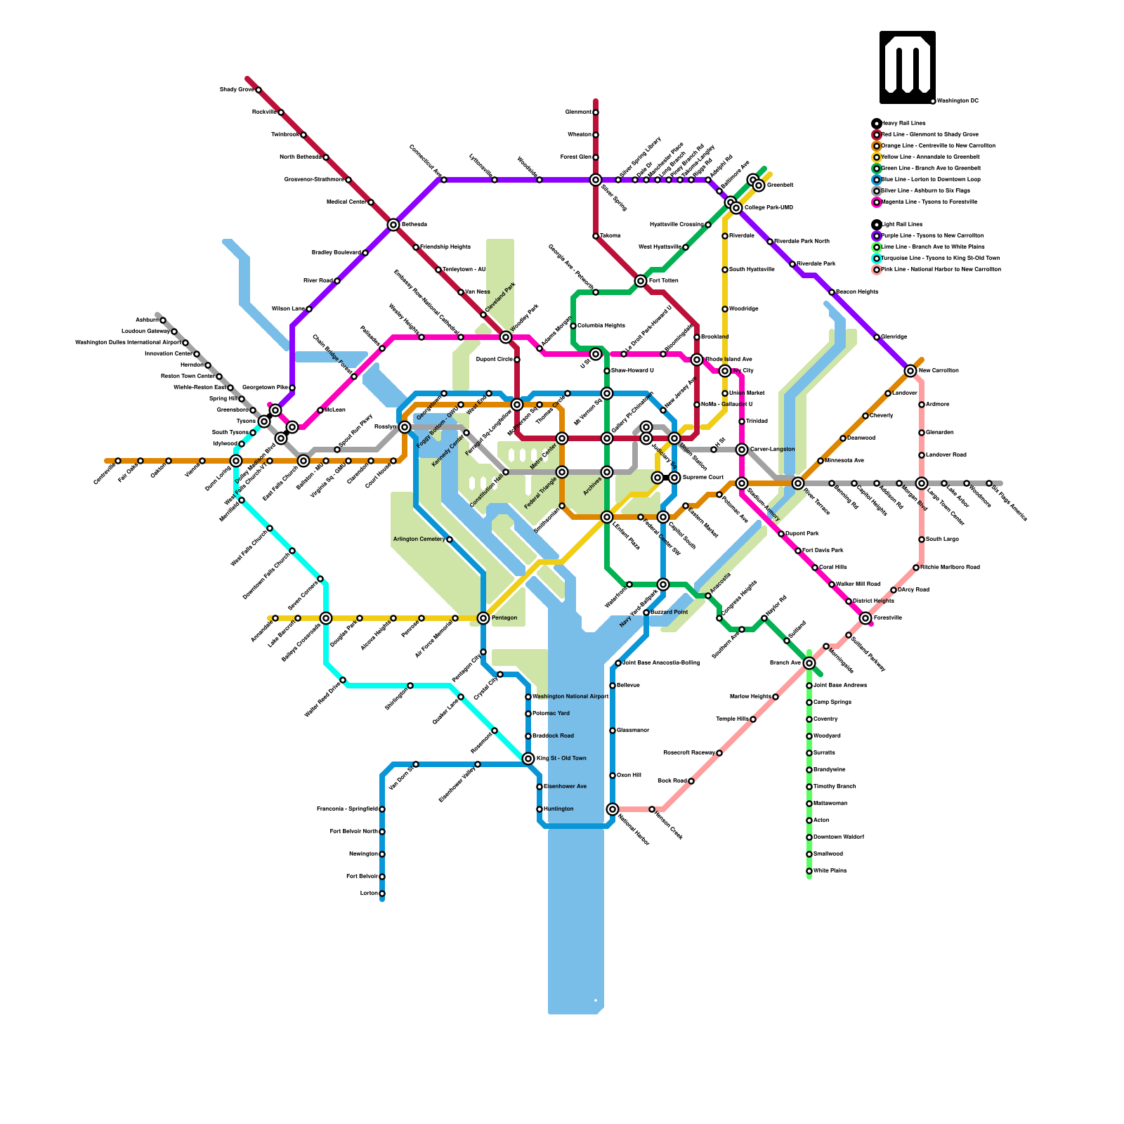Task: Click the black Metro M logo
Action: pos(907,67)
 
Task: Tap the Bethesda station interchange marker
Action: pos(393,225)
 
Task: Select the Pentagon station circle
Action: pos(483,618)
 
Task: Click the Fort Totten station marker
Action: pos(641,281)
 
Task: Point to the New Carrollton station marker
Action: pos(910,371)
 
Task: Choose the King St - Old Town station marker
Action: pos(528,759)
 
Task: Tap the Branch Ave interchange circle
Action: pos(809,663)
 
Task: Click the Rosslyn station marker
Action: pos(405,427)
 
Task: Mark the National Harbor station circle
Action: pos(613,809)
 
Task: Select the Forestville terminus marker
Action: pos(865,618)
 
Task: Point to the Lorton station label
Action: pos(369,894)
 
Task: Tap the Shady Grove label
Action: pos(236,90)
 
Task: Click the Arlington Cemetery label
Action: pos(419,540)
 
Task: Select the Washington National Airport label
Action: pos(570,697)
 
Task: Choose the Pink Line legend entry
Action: pos(941,269)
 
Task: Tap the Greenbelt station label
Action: pos(780,185)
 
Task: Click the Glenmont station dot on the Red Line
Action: pos(596,112)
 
